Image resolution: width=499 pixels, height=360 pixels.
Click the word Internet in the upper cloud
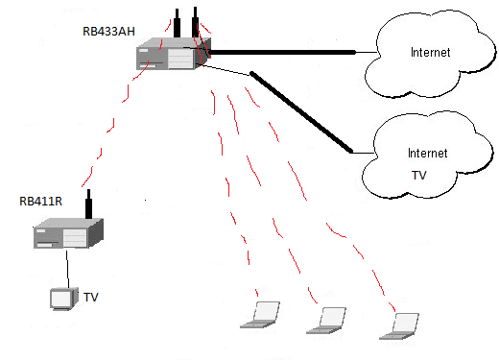coord(430,52)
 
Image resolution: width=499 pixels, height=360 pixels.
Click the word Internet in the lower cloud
coord(428,153)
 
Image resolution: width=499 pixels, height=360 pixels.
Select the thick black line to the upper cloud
coord(288,52)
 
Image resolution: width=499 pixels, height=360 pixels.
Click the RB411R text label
coord(40,201)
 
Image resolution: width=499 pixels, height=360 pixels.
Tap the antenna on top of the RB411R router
coord(88,204)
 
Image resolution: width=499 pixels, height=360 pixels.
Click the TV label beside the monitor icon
coord(91,299)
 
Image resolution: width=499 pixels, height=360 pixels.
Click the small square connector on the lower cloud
coord(354,152)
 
